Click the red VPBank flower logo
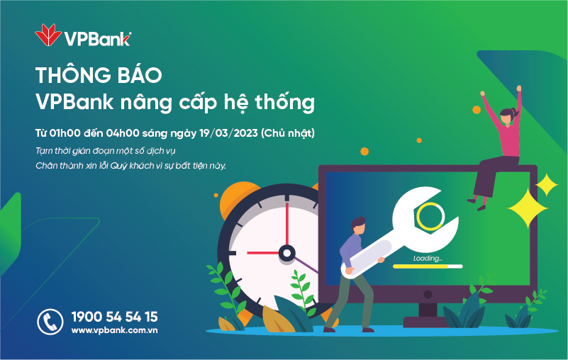pyautogui.click(x=48, y=35)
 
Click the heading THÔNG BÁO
pyautogui.click(x=99, y=75)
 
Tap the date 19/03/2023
pyautogui.click(x=228, y=133)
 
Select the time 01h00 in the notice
pyautogui.click(x=65, y=133)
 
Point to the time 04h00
pyautogui.click(x=123, y=133)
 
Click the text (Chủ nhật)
pyautogui.click(x=288, y=133)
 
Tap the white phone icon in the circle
pyautogui.click(x=50, y=322)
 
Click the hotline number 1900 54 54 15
pyautogui.click(x=114, y=317)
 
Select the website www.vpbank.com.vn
pyautogui.click(x=114, y=330)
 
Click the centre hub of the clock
pyautogui.click(x=286, y=253)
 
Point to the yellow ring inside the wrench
pyautogui.click(x=430, y=216)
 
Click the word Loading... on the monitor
pyautogui.click(x=428, y=258)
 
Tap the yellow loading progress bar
pyautogui.click(x=421, y=266)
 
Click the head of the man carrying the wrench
pyautogui.click(x=358, y=226)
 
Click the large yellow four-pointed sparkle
pyautogui.click(x=528, y=208)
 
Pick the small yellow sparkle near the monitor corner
pyautogui.click(x=547, y=185)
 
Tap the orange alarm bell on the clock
pyautogui.click(x=238, y=199)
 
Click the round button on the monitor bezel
pyautogui.click(x=428, y=294)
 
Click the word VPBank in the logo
pyautogui.click(x=96, y=39)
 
